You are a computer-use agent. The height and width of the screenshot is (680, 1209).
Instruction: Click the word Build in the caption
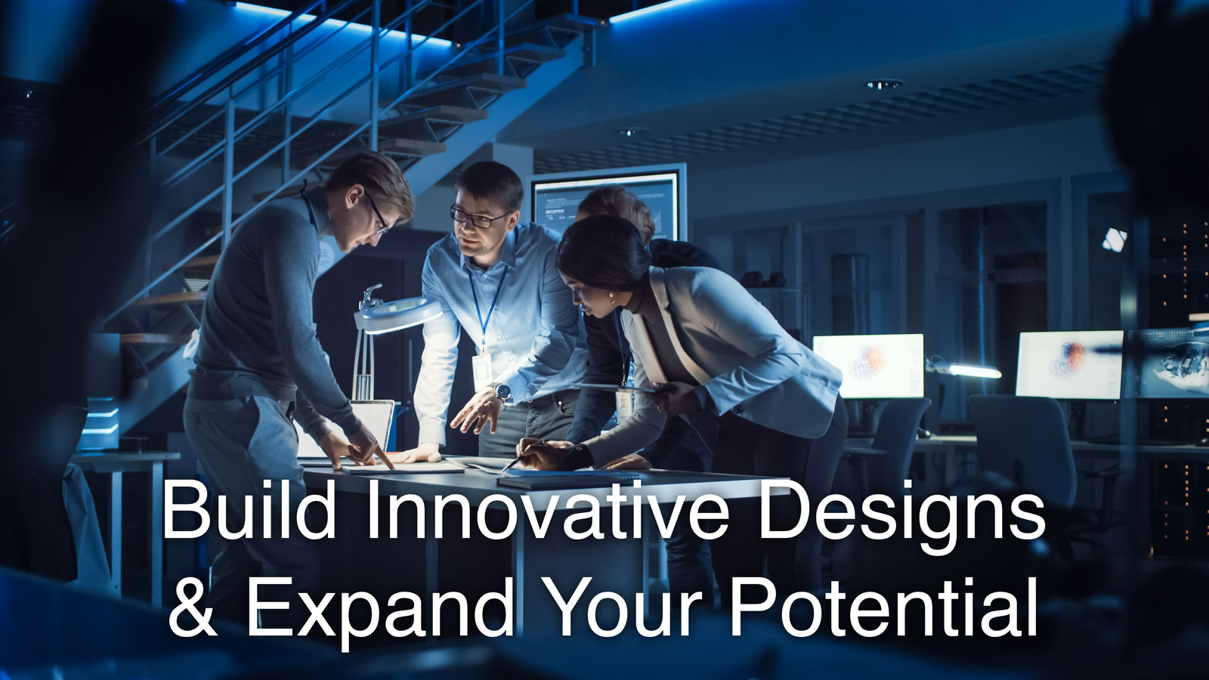249,510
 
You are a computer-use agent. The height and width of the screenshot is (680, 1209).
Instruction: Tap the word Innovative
548,510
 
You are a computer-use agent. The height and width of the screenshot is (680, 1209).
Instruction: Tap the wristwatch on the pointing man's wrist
502,391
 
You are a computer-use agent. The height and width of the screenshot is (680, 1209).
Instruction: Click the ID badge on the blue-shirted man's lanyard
481,372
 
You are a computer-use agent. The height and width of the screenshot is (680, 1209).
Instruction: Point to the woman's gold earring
612,296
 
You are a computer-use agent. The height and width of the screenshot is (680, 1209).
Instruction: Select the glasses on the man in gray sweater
378,212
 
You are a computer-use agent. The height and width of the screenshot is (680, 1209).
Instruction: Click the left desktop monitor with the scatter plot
868,366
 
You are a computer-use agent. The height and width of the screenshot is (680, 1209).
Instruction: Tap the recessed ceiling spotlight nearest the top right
885,84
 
